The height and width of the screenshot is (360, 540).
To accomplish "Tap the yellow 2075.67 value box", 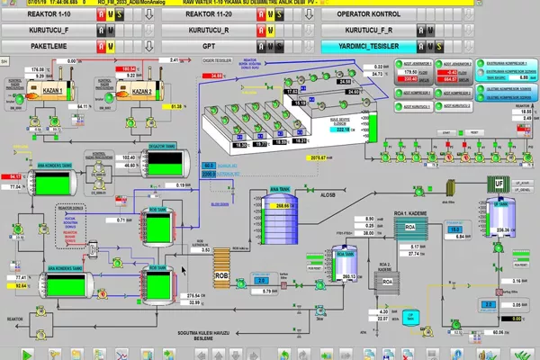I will click(x=317, y=158).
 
